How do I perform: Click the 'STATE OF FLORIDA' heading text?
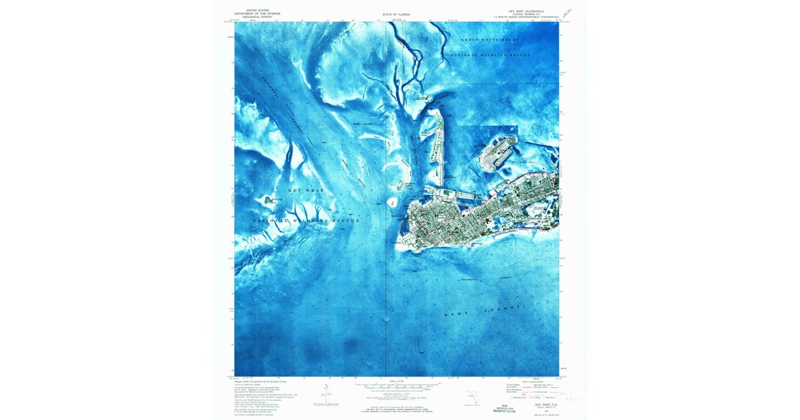[396, 13]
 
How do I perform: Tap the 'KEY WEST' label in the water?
[305, 191]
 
